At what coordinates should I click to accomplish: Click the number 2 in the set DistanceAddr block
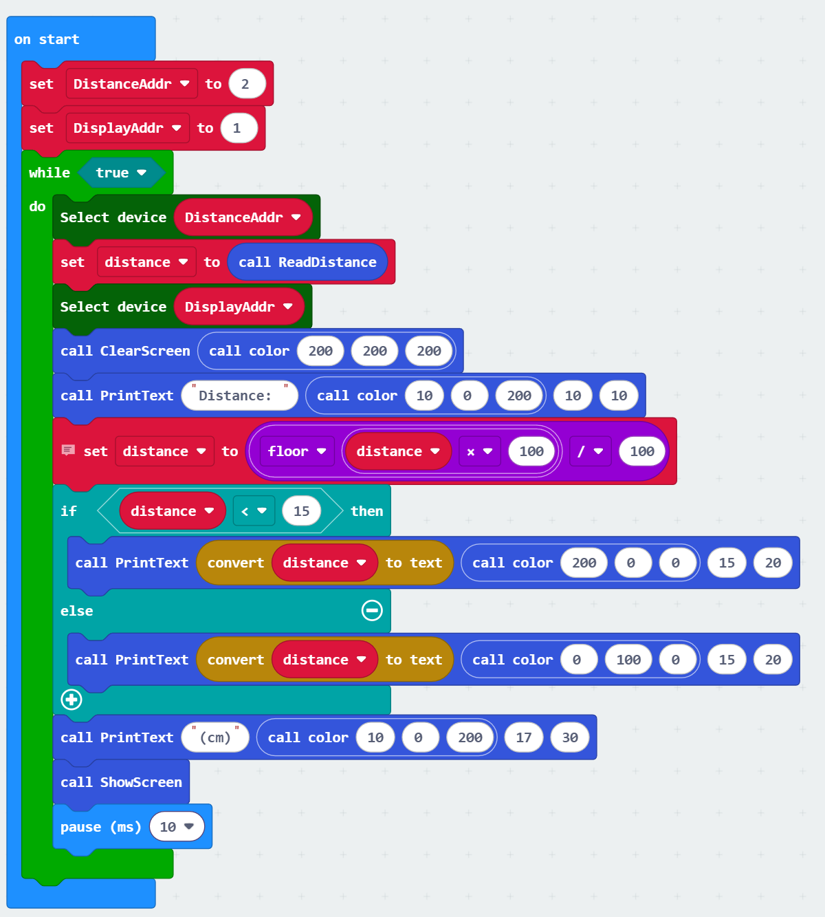tap(245, 84)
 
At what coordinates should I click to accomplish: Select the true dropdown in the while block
tap(121, 173)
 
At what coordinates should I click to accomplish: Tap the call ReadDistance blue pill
tap(307, 262)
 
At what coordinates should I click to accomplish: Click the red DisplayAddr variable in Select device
tap(238, 307)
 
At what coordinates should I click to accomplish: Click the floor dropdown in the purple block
tap(296, 451)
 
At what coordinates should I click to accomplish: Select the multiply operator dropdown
tap(479, 451)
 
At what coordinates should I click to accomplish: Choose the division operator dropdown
tap(589, 451)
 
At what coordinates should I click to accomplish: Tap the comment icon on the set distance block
tap(68, 451)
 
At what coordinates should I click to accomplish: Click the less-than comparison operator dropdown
tap(253, 511)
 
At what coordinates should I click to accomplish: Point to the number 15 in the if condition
tap(301, 511)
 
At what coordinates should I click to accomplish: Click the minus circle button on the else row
tap(372, 610)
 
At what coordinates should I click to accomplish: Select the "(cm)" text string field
tap(215, 737)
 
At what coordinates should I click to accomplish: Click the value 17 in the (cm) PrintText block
tap(523, 737)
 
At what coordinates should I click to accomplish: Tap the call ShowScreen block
tap(121, 782)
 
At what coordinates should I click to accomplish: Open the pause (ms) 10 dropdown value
tap(177, 827)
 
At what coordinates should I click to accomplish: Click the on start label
tap(47, 39)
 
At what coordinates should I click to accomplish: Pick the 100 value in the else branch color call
tap(628, 660)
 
